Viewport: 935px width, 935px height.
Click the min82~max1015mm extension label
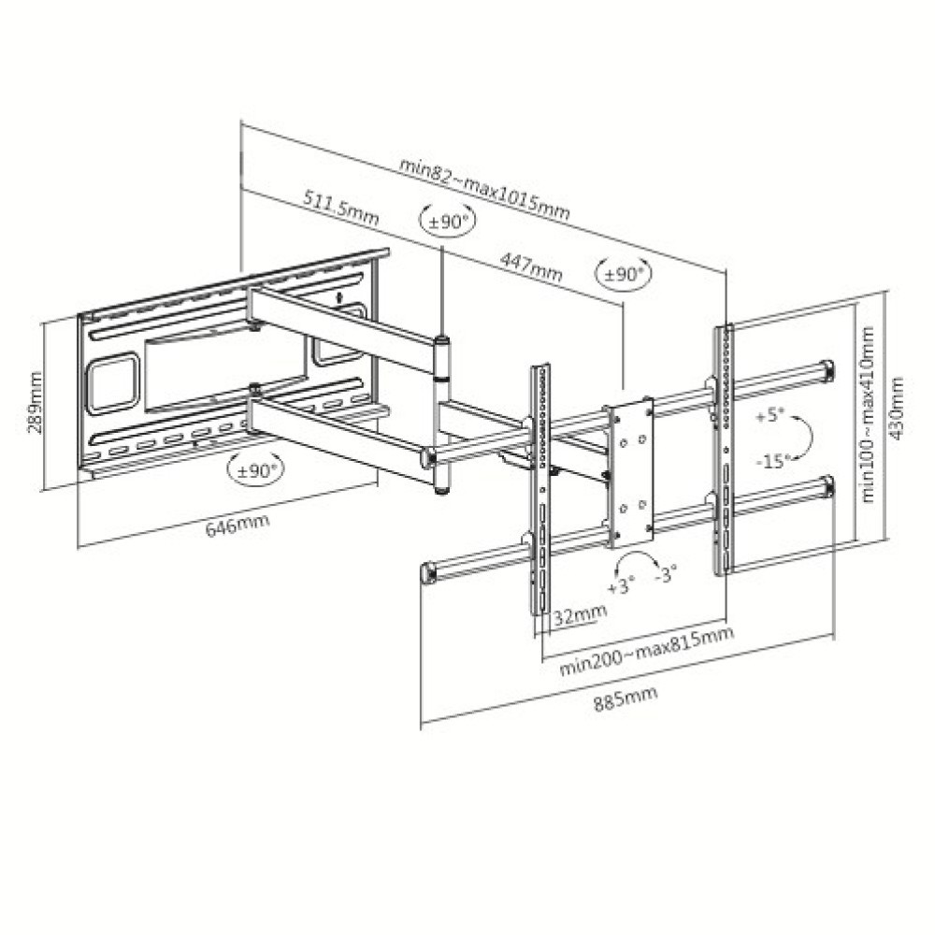pyautogui.click(x=484, y=187)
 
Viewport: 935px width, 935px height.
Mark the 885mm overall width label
pyautogui.click(x=625, y=696)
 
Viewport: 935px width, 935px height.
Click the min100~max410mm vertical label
pyautogui.click(x=869, y=414)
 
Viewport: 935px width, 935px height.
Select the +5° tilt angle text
pyautogui.click(x=770, y=415)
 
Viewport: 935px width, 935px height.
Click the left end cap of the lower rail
pyautogui.click(x=428, y=573)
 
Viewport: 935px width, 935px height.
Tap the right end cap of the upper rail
pyautogui.click(x=827, y=370)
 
